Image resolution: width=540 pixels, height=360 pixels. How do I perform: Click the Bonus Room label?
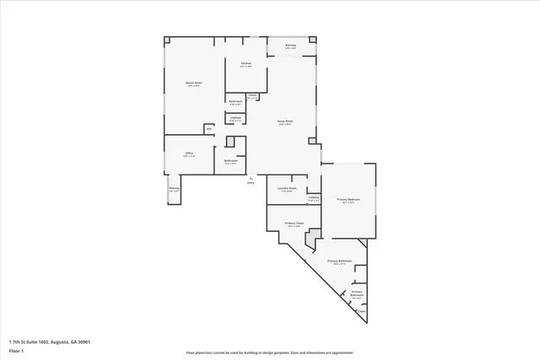194,83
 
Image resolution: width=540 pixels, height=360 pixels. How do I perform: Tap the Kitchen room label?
246,65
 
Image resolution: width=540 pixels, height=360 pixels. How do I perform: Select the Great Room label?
285,123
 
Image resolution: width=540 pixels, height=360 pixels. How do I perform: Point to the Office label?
190,154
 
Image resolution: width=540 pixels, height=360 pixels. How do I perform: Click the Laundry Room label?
287,190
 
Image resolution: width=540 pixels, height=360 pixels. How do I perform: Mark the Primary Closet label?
294,225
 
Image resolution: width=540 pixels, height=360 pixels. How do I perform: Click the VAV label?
208,129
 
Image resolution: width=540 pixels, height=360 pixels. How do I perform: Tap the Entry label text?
251,183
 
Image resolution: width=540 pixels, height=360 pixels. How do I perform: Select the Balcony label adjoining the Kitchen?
290,47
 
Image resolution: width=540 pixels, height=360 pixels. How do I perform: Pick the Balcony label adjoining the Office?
174,190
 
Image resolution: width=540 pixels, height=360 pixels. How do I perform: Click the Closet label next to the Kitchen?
252,97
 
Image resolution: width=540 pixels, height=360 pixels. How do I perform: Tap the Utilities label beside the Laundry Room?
313,199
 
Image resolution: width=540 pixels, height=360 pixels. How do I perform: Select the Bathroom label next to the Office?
230,162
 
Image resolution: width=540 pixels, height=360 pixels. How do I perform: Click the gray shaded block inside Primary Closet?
311,242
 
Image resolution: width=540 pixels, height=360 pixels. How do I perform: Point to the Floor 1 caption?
16,350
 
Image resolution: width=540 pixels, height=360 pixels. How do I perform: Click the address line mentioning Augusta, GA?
50,341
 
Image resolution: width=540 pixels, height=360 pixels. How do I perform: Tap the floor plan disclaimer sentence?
270,353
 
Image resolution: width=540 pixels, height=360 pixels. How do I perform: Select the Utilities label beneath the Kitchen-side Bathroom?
236,120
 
